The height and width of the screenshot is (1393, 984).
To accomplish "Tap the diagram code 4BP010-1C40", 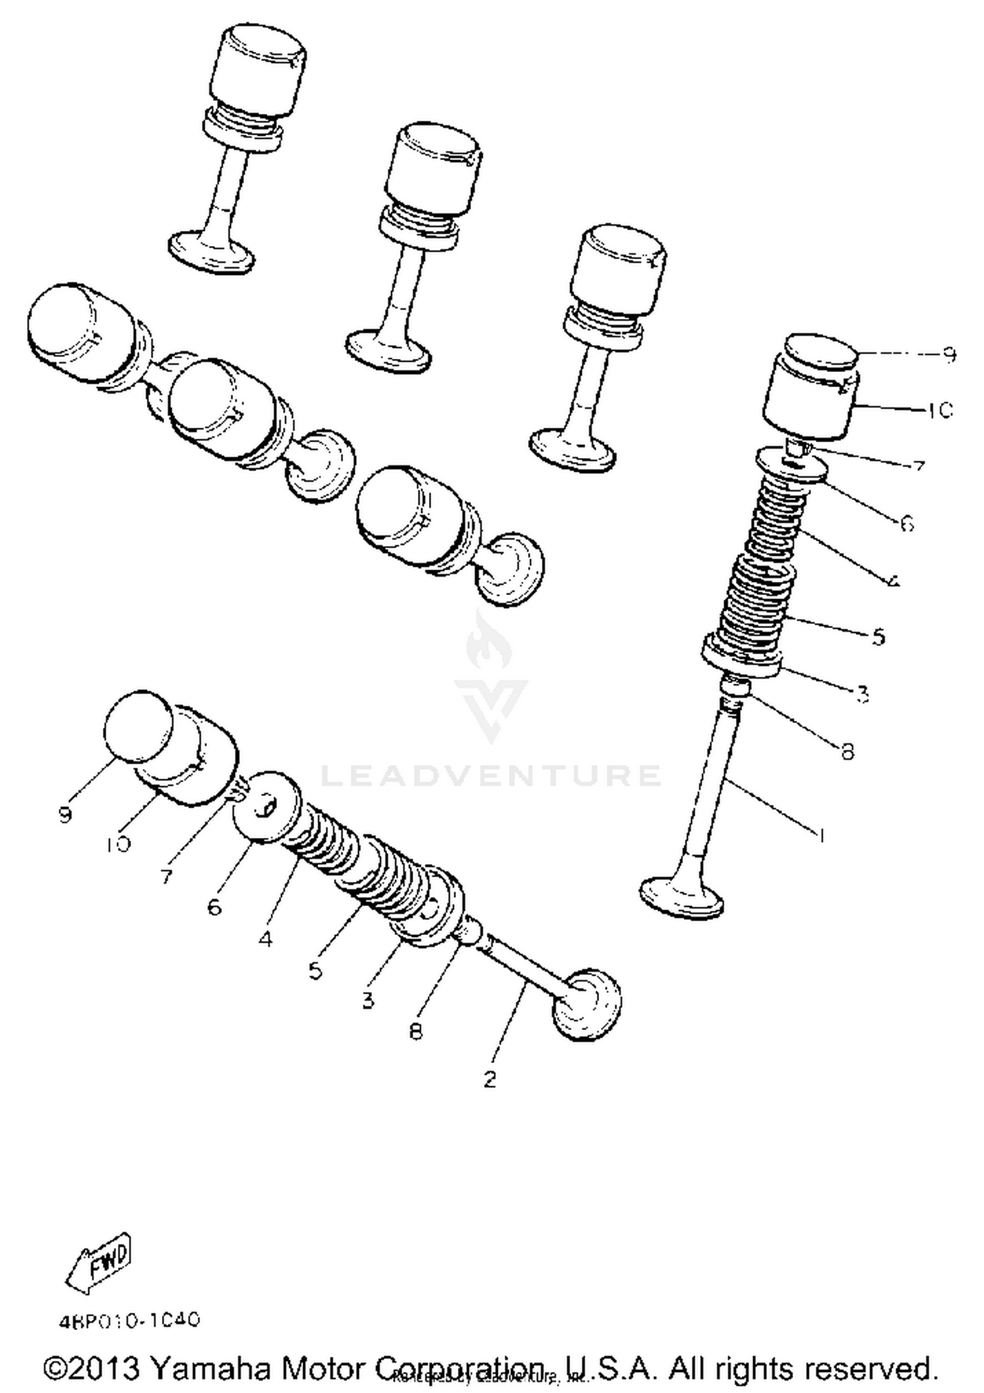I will point(129,1320).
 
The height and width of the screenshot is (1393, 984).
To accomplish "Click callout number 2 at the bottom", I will point(490,1079).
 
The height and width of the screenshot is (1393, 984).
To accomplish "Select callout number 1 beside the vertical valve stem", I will point(819,835).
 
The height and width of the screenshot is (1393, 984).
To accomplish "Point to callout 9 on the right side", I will point(949,355).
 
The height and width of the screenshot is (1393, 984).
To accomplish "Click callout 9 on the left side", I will point(65,815).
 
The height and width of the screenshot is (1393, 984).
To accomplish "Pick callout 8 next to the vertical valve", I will point(848,751).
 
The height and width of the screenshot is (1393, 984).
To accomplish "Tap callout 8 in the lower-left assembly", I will point(416,1031).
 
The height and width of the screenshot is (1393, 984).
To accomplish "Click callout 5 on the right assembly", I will point(879,636).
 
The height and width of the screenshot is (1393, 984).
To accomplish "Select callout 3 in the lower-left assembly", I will point(367,1000).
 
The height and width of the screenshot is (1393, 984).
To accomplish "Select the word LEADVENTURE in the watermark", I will point(490,776).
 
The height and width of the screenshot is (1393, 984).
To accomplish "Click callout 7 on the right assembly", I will point(918,467).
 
